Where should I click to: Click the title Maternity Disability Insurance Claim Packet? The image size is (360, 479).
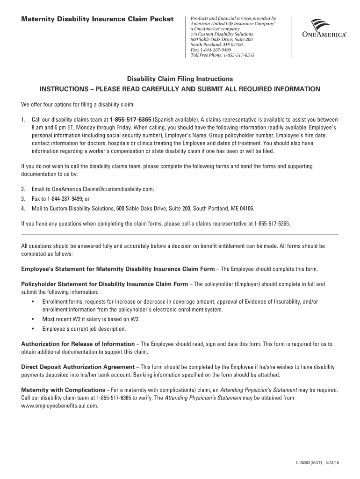(97, 19)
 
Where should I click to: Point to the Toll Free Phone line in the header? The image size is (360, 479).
(222, 55)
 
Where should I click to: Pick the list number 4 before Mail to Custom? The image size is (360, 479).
(23, 208)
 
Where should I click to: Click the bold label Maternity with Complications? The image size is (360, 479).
(63, 390)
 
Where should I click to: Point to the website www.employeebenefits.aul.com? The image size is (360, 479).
(60, 406)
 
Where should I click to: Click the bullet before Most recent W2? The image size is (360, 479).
(33, 319)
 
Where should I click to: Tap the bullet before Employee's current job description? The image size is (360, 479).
(33, 329)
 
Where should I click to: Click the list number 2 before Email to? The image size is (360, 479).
(23, 189)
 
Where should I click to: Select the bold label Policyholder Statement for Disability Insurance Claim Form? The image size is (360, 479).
(105, 284)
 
